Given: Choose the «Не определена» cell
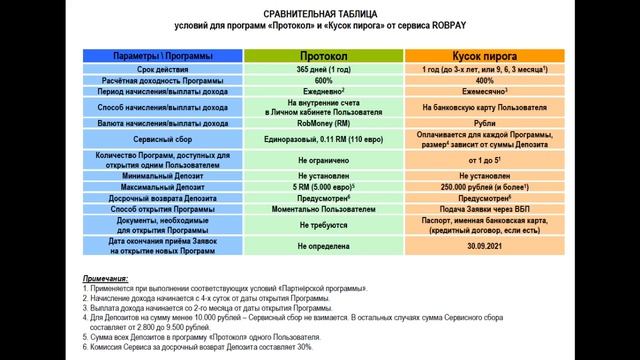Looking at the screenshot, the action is (323, 243).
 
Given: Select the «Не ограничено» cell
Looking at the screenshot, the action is (323, 159).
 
